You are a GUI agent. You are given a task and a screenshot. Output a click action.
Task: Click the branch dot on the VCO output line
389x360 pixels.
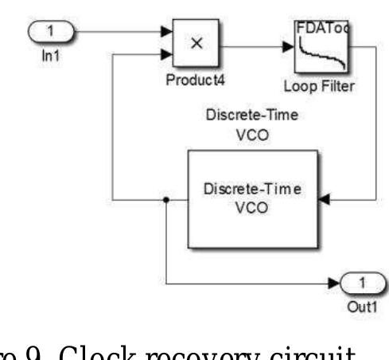(165, 199)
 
